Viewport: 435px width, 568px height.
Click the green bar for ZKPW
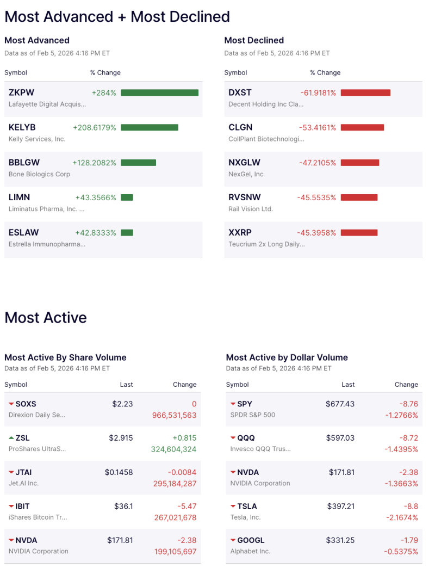159,92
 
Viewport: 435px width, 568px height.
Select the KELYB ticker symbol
22,127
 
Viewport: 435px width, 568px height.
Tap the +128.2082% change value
94,163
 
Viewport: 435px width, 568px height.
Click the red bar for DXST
365,92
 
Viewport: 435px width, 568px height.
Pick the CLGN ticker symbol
240,127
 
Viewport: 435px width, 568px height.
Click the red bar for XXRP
359,232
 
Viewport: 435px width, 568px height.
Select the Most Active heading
46,317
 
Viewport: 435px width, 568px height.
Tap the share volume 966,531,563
175,415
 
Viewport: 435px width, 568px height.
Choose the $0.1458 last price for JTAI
119,472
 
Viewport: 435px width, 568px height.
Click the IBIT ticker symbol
23,506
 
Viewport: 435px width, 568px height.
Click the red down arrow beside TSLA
233,507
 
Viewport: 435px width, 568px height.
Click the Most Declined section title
254,40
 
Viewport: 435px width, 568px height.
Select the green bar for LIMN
127,197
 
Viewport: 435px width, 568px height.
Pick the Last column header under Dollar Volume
348,384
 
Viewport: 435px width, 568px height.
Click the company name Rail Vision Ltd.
251,209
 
